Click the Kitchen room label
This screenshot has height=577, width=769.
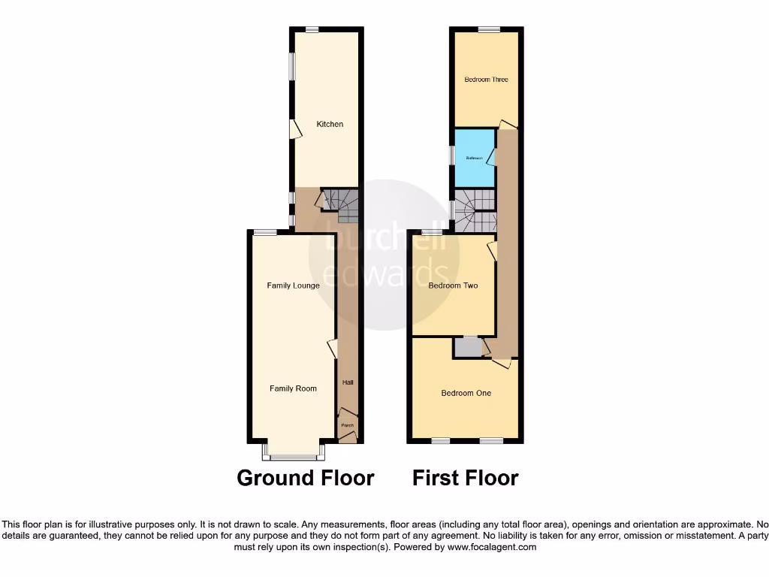click(330, 124)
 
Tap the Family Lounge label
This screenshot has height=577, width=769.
click(294, 285)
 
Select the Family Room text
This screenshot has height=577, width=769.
click(294, 388)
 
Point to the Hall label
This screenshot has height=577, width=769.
click(348, 382)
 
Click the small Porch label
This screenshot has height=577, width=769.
click(347, 426)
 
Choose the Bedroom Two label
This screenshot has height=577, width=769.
click(453, 285)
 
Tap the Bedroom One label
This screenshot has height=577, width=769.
click(466, 393)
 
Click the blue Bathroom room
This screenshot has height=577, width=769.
click(474, 158)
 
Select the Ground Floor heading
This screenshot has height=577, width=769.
click(305, 478)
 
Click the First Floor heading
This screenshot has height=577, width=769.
click(466, 478)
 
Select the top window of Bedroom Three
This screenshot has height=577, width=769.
click(489, 29)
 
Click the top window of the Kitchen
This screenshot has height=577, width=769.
click(311, 29)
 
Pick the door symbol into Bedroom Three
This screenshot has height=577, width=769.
click(508, 123)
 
